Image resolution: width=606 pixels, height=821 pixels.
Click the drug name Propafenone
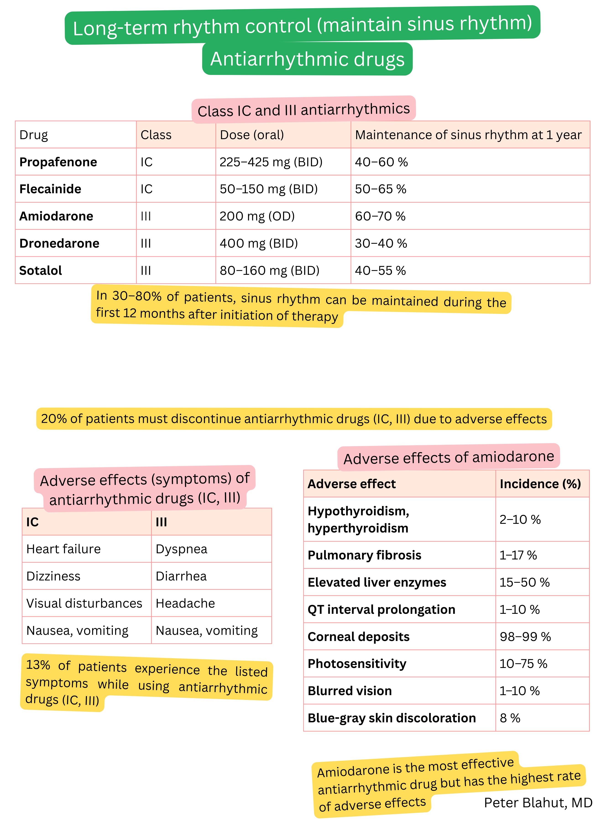coord(58,162)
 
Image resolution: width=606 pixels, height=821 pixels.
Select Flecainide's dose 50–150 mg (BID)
coord(269,189)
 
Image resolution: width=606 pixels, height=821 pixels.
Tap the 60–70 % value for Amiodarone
coord(380,216)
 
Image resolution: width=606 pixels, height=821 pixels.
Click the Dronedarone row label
coord(59,244)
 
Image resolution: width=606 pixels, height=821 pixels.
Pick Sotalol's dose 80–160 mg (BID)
coord(269,271)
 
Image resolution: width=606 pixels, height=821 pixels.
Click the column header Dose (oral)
coord(252,135)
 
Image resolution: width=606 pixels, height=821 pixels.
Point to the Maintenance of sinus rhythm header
coord(468,135)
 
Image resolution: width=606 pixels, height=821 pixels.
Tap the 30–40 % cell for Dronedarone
coord(381,244)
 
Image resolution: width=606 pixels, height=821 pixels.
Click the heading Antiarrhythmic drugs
coord(307,59)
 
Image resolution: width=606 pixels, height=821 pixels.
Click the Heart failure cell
coord(63,549)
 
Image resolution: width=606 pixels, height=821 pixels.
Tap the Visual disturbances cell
coord(84,603)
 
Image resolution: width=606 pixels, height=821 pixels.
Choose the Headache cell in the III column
coord(185,603)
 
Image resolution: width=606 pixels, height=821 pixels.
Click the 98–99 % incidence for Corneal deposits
coord(525,637)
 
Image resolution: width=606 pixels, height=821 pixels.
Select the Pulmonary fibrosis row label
coord(364,555)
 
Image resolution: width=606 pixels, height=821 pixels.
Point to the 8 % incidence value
coord(510,718)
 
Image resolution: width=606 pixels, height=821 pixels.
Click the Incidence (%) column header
coord(540,484)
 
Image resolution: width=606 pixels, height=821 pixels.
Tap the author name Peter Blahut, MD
coord(538,803)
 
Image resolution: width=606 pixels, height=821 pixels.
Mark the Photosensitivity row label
coord(357,664)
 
